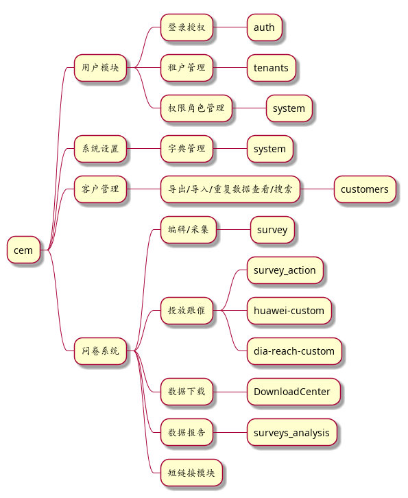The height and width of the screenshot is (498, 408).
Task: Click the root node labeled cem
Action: (x=24, y=250)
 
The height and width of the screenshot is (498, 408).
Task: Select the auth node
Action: (x=265, y=27)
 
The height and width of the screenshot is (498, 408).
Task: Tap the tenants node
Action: (x=272, y=68)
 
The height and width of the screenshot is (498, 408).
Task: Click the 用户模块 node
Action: (x=100, y=68)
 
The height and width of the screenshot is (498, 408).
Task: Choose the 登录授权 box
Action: (x=187, y=27)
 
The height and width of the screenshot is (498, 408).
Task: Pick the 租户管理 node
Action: (x=187, y=68)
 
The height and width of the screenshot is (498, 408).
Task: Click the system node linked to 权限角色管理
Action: (x=289, y=108)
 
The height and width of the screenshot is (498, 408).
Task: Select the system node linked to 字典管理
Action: (x=270, y=149)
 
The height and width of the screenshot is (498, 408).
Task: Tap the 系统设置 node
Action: (x=100, y=149)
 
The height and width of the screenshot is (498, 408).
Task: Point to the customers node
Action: (x=365, y=189)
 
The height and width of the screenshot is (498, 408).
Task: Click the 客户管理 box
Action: (x=100, y=189)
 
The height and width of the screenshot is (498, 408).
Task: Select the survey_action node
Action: (x=285, y=270)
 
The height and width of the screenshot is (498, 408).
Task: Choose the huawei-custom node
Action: (x=289, y=311)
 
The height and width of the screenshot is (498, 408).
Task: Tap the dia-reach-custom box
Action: (x=294, y=351)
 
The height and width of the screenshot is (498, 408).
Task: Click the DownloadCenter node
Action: (x=293, y=392)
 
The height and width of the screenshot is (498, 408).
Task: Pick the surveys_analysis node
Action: (x=292, y=432)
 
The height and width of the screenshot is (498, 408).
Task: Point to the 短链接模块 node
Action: (x=191, y=473)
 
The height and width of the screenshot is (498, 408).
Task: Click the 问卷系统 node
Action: (x=100, y=351)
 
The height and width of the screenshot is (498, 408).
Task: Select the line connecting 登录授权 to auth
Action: (x=230, y=27)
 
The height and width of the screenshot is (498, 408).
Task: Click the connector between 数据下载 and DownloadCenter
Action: (x=230, y=392)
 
